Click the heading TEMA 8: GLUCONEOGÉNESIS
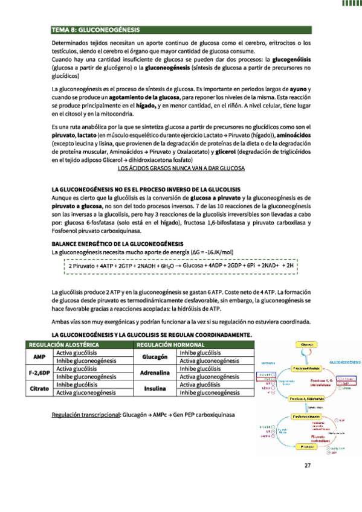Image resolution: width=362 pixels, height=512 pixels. [x=95, y=29]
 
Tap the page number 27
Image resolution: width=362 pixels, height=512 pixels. [x=308, y=465]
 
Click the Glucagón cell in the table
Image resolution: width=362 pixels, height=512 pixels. [x=154, y=356]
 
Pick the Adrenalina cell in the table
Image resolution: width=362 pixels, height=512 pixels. [x=154, y=373]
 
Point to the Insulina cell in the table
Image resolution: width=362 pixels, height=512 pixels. [x=154, y=389]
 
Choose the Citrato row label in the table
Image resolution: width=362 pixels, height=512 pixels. [x=39, y=389]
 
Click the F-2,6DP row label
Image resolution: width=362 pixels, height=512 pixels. [x=39, y=373]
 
